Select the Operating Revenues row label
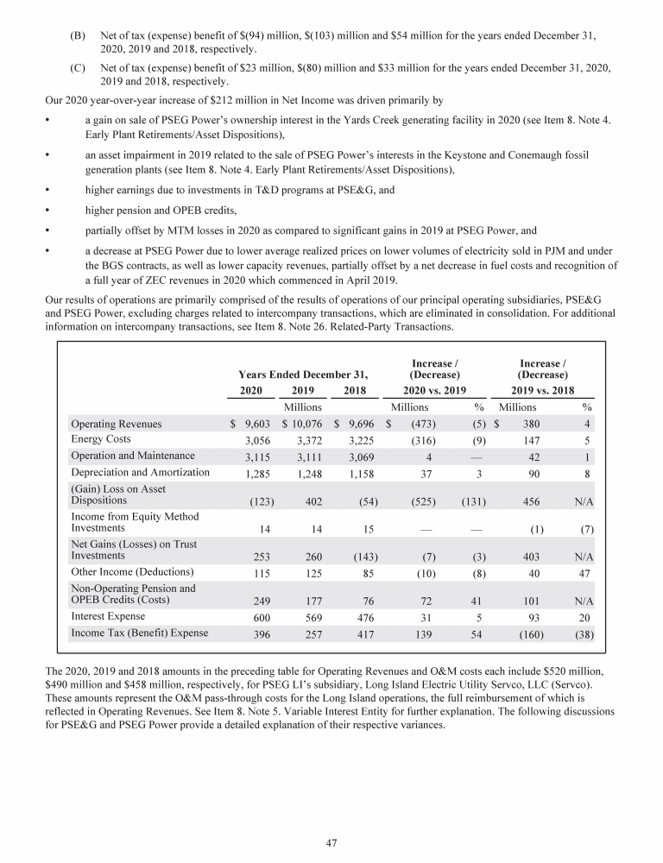[116, 424]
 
